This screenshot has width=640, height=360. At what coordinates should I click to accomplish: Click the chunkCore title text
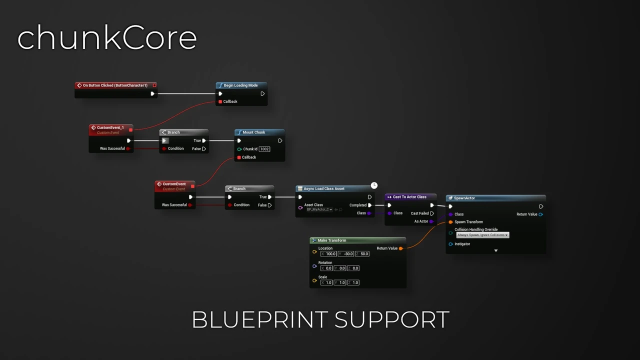(x=107, y=38)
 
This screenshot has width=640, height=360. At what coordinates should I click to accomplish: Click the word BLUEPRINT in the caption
(x=260, y=320)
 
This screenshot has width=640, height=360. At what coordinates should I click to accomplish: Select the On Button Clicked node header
(x=115, y=85)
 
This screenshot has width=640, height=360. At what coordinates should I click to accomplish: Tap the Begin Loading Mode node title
(x=240, y=85)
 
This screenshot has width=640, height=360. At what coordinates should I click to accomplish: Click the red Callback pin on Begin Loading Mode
(x=220, y=101)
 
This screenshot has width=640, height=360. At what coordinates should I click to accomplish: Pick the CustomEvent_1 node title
(x=110, y=127)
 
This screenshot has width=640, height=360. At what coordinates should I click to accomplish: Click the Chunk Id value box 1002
(x=264, y=149)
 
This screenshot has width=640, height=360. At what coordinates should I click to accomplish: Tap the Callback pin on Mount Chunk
(x=239, y=157)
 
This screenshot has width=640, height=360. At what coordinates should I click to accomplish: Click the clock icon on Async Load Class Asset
(x=374, y=185)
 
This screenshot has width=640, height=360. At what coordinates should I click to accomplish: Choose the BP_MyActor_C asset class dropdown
(x=319, y=209)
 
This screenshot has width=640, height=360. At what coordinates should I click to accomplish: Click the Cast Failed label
(x=420, y=213)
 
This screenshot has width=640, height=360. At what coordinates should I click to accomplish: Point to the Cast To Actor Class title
(x=409, y=197)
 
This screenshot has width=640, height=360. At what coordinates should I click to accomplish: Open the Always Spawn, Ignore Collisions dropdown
(x=482, y=235)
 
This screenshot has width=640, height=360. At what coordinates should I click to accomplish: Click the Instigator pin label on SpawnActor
(x=462, y=244)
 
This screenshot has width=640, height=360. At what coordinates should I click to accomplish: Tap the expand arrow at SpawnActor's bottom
(x=496, y=250)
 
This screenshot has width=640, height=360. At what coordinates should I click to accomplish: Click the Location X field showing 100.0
(x=330, y=254)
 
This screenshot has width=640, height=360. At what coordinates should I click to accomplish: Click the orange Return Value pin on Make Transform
(x=401, y=248)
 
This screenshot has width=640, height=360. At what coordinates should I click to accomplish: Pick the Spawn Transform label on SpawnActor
(x=468, y=222)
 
